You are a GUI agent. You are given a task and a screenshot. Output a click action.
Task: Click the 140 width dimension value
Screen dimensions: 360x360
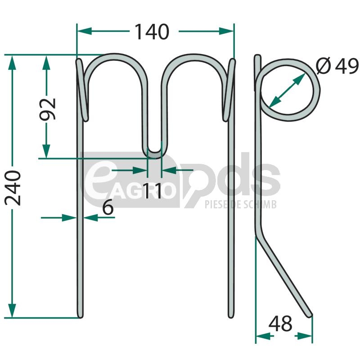coord(152,31)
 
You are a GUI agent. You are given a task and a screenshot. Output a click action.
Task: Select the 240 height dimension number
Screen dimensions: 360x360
coord(13,188)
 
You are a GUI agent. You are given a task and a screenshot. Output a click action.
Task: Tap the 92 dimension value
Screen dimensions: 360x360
coord(48,109)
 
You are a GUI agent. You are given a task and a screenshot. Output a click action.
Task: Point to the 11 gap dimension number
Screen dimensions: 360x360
coord(152,190)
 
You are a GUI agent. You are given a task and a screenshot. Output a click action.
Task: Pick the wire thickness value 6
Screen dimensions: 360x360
coord(108,207)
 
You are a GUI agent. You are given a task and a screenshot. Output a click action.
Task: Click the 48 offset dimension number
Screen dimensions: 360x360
coord(280,323)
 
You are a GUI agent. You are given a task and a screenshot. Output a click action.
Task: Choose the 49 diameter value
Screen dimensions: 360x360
coord(346,66)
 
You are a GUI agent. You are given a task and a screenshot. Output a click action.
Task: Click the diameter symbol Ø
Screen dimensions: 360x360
coord(323,66)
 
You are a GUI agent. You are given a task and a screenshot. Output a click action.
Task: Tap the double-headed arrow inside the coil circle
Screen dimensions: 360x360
coord(287,90)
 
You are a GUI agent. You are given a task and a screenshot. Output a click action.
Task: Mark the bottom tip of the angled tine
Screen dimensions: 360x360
coord(310,316)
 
